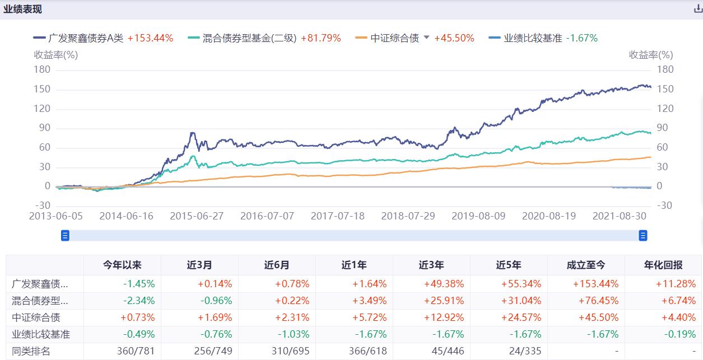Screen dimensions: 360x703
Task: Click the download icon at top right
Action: (x=698, y=9)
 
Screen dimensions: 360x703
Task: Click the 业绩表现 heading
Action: (x=22, y=10)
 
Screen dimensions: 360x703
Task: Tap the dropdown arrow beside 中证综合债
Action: (x=426, y=38)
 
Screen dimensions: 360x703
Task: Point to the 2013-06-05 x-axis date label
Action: (x=55, y=216)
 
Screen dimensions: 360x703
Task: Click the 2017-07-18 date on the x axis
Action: (x=337, y=216)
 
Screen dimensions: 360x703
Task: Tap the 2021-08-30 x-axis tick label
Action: (x=620, y=216)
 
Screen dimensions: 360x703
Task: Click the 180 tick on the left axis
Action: (x=43, y=69)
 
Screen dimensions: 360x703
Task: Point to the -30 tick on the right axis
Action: (x=664, y=205)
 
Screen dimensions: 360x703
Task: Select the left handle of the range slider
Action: (x=65, y=236)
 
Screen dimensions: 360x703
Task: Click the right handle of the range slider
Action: (x=643, y=236)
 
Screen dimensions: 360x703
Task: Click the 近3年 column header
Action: (x=431, y=265)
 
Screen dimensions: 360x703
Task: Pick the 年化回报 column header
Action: (x=663, y=265)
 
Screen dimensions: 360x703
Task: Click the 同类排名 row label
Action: (x=31, y=351)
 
